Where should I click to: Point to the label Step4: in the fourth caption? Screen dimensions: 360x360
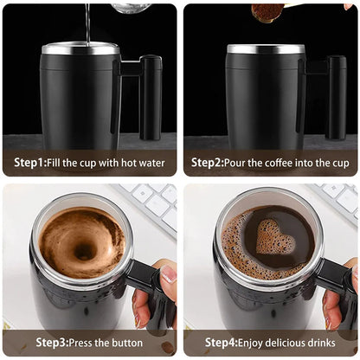(209, 342)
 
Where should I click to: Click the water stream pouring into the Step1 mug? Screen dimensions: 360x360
(87, 22)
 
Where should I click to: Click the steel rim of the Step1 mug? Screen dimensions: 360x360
(80, 49)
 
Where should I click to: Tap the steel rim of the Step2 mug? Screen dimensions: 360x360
(266, 49)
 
